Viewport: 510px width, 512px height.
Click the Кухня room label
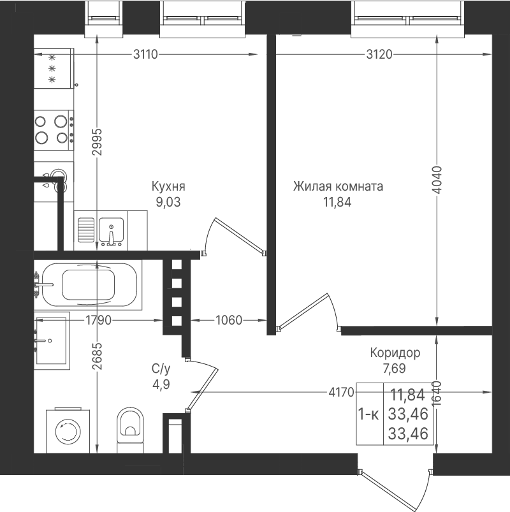(168, 186)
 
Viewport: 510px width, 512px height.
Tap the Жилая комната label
(338, 186)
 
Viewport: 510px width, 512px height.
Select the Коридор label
(395, 353)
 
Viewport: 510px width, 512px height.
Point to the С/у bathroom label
(161, 369)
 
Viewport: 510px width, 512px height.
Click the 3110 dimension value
(145, 54)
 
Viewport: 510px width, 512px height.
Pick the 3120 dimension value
(379, 54)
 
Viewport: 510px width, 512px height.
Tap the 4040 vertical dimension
(437, 180)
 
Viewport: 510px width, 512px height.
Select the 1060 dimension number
(229, 320)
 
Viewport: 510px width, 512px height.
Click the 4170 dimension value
(341, 392)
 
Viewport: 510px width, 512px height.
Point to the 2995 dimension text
(97, 142)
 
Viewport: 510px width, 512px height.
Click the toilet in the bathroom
(131, 429)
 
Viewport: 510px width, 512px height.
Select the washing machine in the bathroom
(68, 430)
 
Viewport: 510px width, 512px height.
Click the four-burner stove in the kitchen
(54, 130)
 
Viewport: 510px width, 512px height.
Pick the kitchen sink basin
(111, 230)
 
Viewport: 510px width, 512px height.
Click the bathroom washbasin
(52, 341)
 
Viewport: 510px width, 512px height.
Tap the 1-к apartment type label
(368, 414)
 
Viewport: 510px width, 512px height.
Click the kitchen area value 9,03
(168, 203)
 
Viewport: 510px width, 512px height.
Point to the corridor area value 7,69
(395, 369)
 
